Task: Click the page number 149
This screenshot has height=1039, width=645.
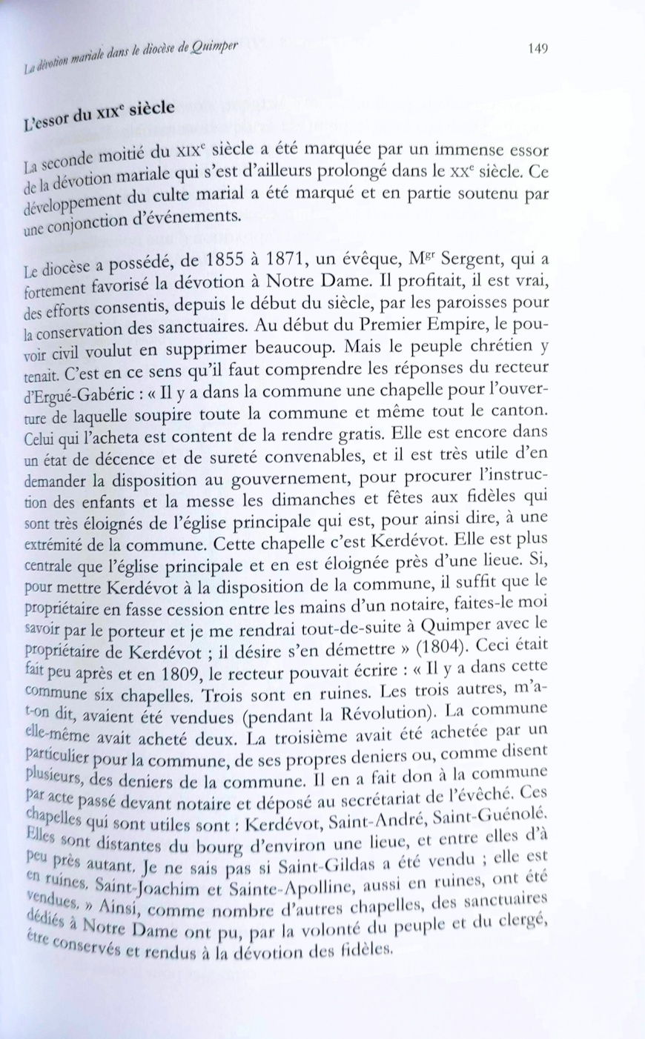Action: pos(538,49)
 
